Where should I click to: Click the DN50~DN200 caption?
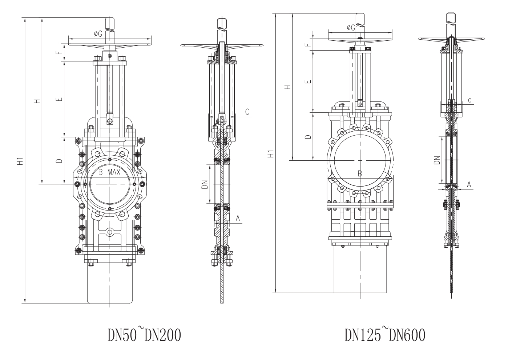[144, 335]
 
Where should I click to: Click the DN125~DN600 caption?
[384, 335]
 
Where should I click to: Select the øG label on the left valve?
[98, 33]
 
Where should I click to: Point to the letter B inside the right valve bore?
[360, 173]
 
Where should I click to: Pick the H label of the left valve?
[37, 101]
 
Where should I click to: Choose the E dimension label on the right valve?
[308, 81]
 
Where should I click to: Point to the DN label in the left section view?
[205, 185]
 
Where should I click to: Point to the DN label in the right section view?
[437, 160]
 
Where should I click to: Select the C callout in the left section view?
[247, 112]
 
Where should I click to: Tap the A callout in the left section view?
[238, 218]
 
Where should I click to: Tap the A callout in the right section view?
[469, 185]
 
